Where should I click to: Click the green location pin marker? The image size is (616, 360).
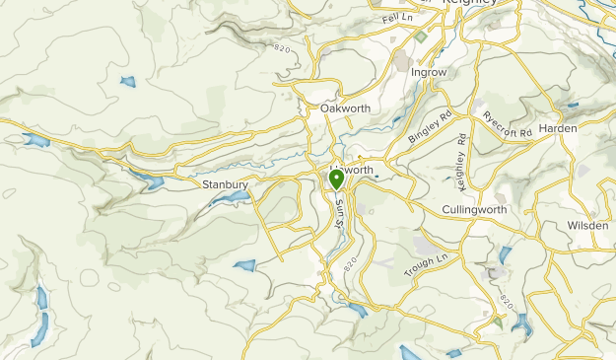click(336, 180)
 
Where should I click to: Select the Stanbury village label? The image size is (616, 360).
click(225, 183)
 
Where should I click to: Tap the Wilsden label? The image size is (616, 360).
click(588, 225)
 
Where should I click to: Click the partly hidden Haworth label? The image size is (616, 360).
click(357, 170)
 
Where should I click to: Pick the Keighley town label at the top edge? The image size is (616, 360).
click(471, 4)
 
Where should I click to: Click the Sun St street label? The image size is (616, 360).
click(340, 210)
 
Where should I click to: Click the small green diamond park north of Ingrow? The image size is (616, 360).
click(421, 36)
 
